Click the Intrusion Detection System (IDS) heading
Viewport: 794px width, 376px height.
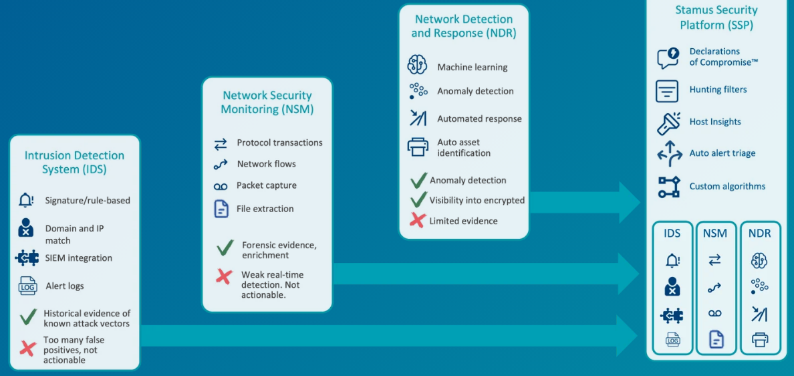tap(74, 163)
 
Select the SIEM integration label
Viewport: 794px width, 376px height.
tap(78, 258)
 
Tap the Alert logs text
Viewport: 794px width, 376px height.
tap(65, 286)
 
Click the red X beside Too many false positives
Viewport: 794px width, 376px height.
tap(27, 348)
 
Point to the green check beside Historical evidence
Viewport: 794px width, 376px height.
tap(27, 316)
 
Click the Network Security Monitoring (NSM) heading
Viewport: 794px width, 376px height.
tap(267, 102)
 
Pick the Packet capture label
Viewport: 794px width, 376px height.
tap(266, 186)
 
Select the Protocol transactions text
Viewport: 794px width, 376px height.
tap(279, 143)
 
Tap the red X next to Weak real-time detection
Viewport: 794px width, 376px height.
tap(224, 276)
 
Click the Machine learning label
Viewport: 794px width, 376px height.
tap(472, 68)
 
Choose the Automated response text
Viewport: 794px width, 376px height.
tap(479, 119)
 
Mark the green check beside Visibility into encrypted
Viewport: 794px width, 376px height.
tap(418, 199)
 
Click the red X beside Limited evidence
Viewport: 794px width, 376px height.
tap(418, 221)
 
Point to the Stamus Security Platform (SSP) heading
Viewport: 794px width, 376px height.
tap(716, 17)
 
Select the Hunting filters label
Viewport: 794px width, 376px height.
tap(718, 90)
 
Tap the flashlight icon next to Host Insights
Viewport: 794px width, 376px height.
tap(668, 123)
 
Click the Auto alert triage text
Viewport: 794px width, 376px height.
tap(722, 154)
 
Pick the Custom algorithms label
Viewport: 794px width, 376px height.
tap(727, 187)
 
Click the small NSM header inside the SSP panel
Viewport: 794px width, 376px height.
tap(715, 233)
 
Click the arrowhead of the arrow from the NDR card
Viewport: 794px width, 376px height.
tap(631, 201)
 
